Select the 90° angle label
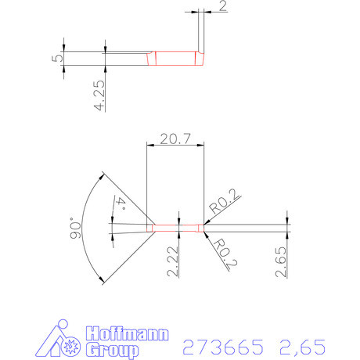[76, 228]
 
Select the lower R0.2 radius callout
[223, 254]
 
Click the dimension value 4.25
[99, 95]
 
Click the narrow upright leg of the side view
[202, 35]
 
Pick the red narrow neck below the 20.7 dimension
[176, 228]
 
